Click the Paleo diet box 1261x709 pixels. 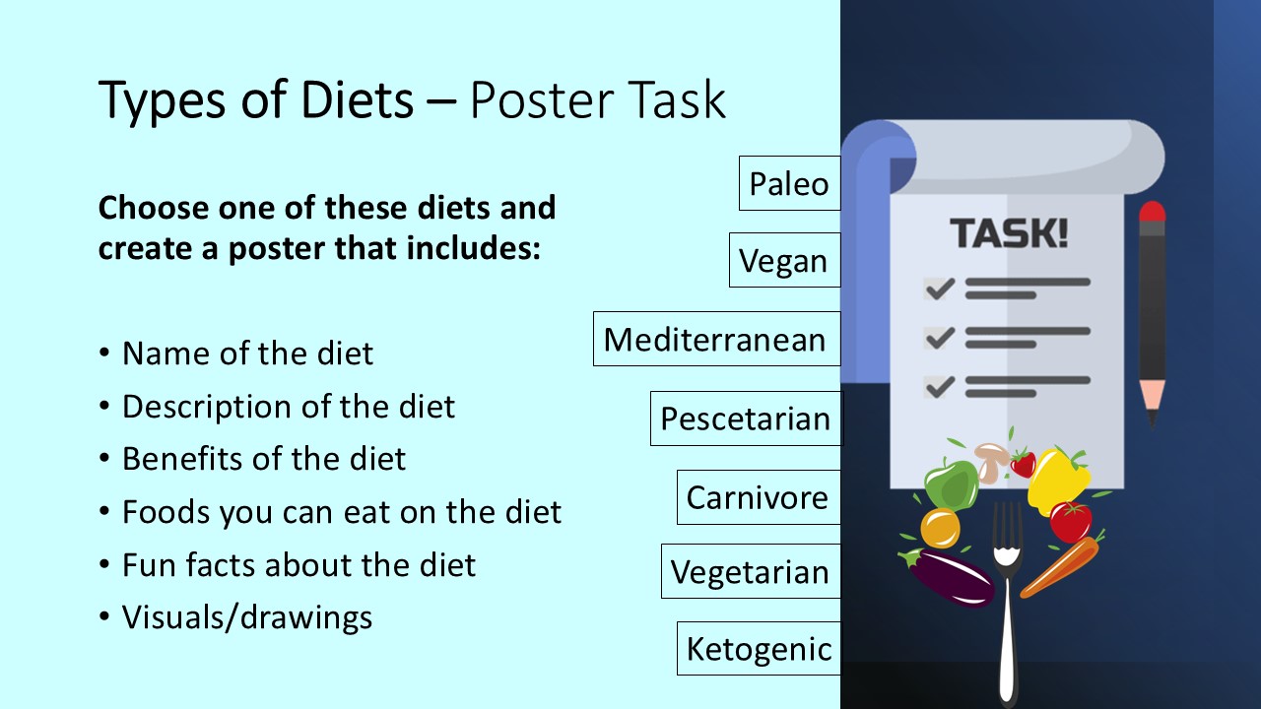pyautogui.click(x=789, y=183)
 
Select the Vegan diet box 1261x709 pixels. pyautogui.click(x=784, y=260)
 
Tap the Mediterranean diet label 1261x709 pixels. pyautogui.click(x=716, y=339)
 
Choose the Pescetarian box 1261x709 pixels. pyautogui.click(x=746, y=419)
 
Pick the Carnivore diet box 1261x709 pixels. pyautogui.click(x=758, y=497)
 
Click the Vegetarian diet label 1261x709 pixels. pyautogui.click(x=750, y=571)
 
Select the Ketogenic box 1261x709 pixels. pyautogui.click(x=759, y=648)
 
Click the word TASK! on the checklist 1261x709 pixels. pyautogui.click(x=1008, y=234)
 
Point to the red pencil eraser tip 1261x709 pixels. pyautogui.click(x=1152, y=211)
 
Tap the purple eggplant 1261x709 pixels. pyautogui.click(x=951, y=579)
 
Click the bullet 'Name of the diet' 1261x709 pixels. pyautogui.click(x=247, y=354)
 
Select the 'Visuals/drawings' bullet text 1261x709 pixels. pyautogui.click(x=247, y=617)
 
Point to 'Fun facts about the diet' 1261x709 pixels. pyautogui.click(x=299, y=565)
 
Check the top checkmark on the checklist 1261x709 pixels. pyautogui.click(x=939, y=288)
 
